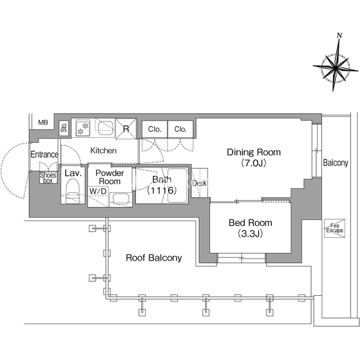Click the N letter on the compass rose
(339, 35)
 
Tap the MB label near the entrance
(43, 123)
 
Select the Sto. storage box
(64, 127)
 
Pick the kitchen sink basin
(106, 128)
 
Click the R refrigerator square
(126, 129)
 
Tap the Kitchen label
(103, 151)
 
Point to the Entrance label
(44, 154)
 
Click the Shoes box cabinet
(48, 178)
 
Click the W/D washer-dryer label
(98, 191)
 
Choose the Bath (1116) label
(162, 185)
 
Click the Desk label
(199, 183)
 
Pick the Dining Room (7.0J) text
(254, 157)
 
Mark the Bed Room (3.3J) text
(250, 228)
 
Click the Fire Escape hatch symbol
(335, 228)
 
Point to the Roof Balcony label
(154, 258)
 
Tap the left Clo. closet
(155, 129)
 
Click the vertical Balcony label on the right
(335, 163)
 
